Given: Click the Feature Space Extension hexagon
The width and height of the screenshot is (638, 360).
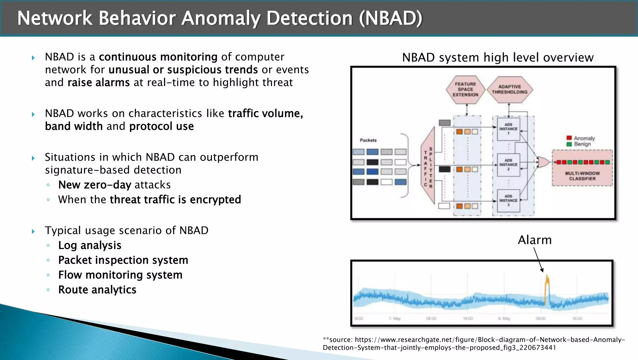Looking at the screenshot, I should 465,89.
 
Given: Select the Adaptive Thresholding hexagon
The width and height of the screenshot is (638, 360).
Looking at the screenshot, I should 509,89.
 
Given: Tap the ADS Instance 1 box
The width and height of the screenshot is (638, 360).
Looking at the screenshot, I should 508,129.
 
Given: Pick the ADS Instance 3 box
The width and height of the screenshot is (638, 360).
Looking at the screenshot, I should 508,200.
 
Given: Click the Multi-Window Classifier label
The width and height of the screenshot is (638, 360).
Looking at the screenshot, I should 582,176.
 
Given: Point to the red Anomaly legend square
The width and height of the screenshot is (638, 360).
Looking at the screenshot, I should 569,138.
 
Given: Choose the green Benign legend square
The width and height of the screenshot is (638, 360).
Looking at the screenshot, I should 569,144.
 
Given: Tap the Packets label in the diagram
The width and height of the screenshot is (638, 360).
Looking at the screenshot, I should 368,140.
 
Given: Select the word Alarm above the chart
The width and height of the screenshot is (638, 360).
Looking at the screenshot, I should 535,240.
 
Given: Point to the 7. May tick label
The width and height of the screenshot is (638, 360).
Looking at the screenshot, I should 395,319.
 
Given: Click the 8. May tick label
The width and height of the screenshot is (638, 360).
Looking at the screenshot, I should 504,319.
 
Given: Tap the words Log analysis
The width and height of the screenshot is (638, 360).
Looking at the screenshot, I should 90,245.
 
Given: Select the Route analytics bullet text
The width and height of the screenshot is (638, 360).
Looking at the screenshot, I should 97,290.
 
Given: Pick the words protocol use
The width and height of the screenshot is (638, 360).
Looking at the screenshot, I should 161,126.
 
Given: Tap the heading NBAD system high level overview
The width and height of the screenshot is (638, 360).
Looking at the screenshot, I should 498,58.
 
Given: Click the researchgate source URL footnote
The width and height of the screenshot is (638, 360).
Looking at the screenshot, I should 474,343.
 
